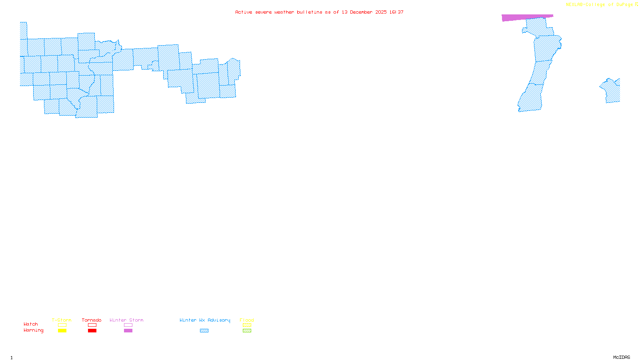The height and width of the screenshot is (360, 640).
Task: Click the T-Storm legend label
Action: click(62, 320)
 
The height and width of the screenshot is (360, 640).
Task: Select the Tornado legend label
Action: click(92, 320)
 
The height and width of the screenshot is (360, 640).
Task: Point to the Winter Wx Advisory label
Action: click(205, 320)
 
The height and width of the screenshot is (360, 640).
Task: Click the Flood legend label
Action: click(247, 320)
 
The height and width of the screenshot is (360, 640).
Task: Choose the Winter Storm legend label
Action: click(126, 320)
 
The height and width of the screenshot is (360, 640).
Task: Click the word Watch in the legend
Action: click(31, 324)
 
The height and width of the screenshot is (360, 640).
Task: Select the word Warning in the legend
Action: click(34, 330)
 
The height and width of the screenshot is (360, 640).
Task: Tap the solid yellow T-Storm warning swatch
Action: click(62, 331)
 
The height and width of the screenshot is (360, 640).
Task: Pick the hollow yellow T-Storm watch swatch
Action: click(62, 325)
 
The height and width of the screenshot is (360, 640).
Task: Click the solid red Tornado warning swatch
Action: click(92, 331)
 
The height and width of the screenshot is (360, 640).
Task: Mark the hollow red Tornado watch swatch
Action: click(92, 325)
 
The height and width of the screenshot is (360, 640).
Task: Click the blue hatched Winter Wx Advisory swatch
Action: click(204, 331)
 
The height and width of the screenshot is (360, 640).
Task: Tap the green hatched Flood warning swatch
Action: click(247, 331)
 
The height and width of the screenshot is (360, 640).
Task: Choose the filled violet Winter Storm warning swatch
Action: click(128, 331)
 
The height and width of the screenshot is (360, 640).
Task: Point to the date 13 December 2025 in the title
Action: click(364, 12)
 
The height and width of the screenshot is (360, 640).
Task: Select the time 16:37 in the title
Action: click(396, 12)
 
